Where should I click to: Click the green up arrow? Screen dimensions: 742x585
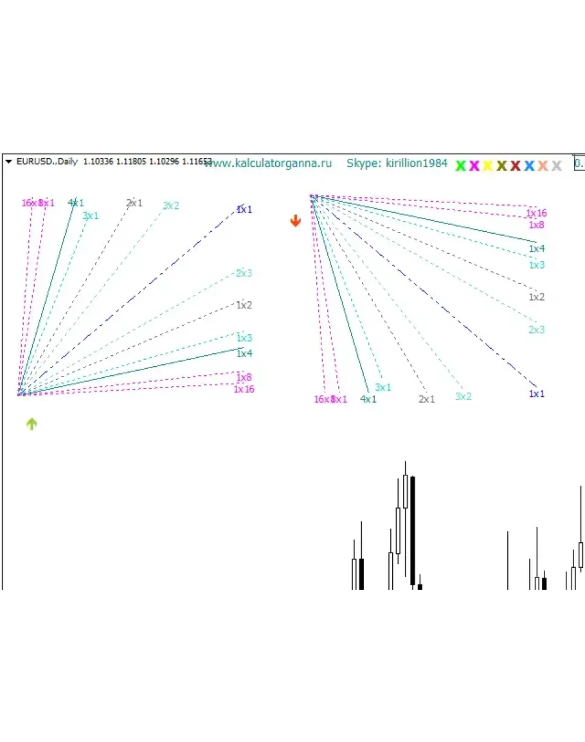(x=32, y=423)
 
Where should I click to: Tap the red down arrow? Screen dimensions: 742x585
(x=295, y=221)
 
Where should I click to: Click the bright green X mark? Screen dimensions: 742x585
(x=460, y=166)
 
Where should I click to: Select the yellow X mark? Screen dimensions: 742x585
(x=488, y=166)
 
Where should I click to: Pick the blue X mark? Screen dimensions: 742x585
(x=529, y=166)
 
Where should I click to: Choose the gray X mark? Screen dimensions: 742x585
(x=557, y=166)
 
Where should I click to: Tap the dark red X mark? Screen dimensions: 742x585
(x=516, y=166)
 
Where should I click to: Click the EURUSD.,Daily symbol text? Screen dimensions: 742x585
(x=46, y=162)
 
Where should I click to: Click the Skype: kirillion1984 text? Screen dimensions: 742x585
(x=397, y=163)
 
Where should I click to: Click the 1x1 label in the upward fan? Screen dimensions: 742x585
(x=244, y=209)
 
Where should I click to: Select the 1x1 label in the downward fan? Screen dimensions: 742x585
(x=537, y=394)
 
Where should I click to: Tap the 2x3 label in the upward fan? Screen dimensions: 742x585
(x=244, y=273)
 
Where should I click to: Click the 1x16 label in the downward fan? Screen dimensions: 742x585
(x=536, y=213)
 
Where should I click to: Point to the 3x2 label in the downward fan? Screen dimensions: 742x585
(x=464, y=396)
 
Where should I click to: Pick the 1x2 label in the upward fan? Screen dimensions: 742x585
(x=244, y=305)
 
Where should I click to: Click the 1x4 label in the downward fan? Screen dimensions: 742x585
(x=537, y=249)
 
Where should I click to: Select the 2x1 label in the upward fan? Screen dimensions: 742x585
(x=134, y=203)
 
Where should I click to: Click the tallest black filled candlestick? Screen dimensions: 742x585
(x=412, y=531)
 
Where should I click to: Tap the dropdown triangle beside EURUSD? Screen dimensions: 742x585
(x=9, y=162)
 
